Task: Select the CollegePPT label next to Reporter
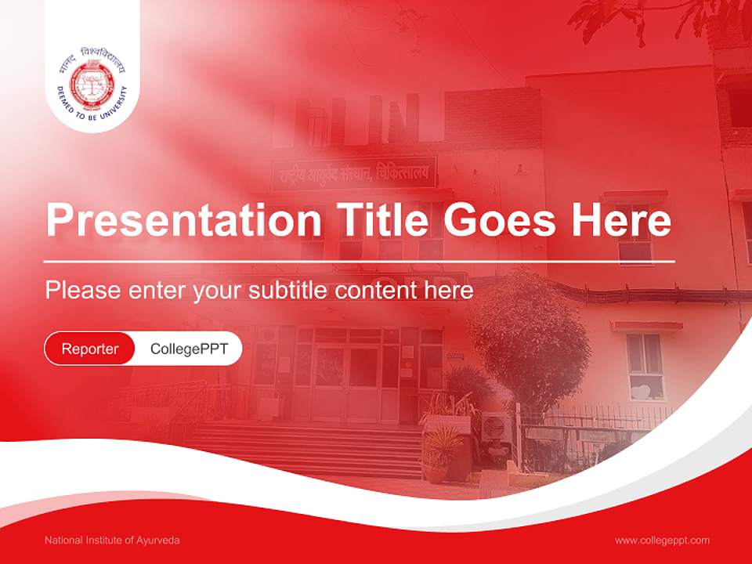pyautogui.click(x=189, y=349)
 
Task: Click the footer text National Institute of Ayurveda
pyautogui.click(x=112, y=540)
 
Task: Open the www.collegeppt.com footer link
pyautogui.click(x=662, y=540)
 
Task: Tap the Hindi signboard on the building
pyautogui.click(x=354, y=173)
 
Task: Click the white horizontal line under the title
pyautogui.click(x=359, y=261)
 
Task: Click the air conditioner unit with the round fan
pyautogui.click(x=496, y=430)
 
